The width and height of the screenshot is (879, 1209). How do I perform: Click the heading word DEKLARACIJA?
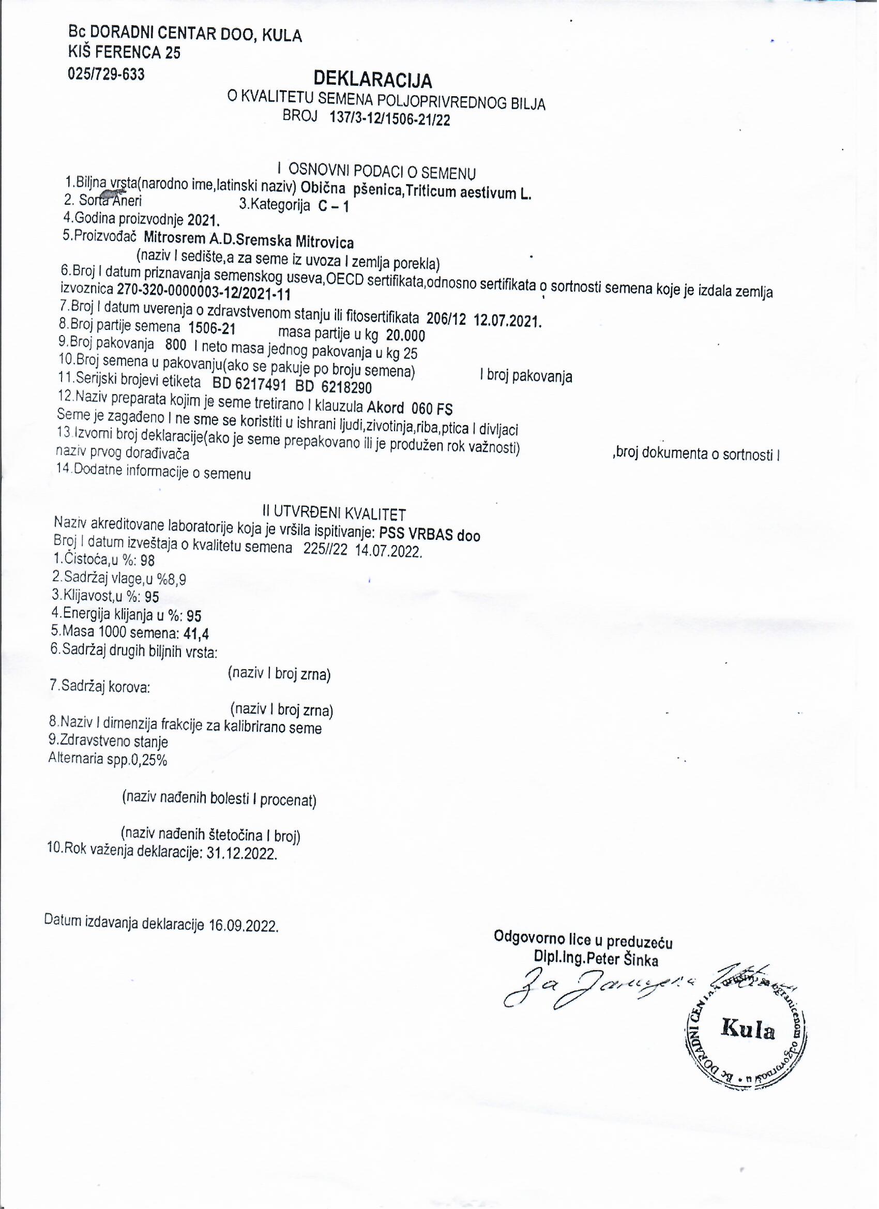pyautogui.click(x=373, y=80)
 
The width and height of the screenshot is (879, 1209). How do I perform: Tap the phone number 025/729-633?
pyautogui.click(x=106, y=73)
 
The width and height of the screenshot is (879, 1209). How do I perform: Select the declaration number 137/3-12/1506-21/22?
pyautogui.click(x=390, y=118)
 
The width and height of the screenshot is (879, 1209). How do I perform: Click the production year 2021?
pyautogui.click(x=203, y=220)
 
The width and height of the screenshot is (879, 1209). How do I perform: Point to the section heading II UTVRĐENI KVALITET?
pyautogui.click(x=334, y=513)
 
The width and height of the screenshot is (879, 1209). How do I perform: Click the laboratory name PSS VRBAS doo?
pyautogui.click(x=430, y=534)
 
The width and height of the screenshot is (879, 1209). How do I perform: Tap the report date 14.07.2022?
pyautogui.click(x=388, y=551)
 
